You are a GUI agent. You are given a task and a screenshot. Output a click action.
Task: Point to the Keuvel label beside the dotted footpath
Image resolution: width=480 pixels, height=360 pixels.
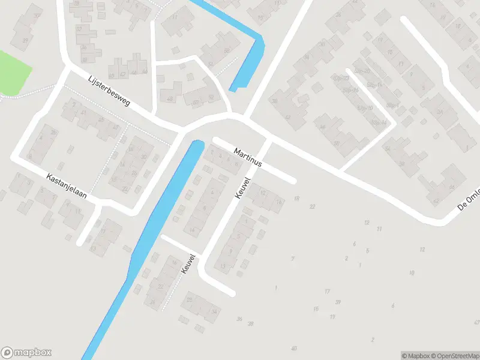[x=188, y=265]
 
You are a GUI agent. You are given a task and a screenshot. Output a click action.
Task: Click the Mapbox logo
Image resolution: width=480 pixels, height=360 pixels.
[x=27, y=353]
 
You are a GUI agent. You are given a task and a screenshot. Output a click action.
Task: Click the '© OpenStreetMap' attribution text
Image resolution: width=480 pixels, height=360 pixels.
[x=457, y=356]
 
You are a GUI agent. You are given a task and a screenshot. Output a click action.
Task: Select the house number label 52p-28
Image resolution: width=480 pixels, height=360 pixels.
[x=341, y=79]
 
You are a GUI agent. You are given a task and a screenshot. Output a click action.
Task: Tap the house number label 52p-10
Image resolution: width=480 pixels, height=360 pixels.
[x=364, y=108]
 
